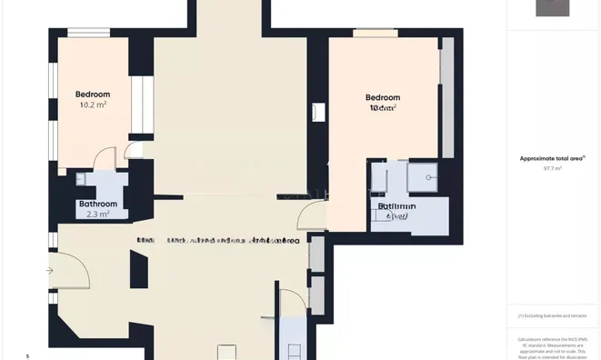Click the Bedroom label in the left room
click(x=92, y=95)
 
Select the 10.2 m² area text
click(x=93, y=105)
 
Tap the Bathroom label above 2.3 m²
click(x=97, y=204)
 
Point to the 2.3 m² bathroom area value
click(x=97, y=215)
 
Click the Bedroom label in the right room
click(x=382, y=98)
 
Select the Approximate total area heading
click(x=552, y=158)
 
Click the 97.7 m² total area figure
click(x=552, y=168)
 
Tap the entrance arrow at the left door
click(x=50, y=270)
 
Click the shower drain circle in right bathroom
click(x=427, y=178)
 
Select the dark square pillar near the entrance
click(x=138, y=268)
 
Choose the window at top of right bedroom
click(x=375, y=34)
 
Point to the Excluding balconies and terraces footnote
click(x=553, y=315)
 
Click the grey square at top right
click(x=552, y=7)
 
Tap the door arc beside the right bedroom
click(x=309, y=216)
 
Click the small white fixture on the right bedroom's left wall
click(x=316, y=113)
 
